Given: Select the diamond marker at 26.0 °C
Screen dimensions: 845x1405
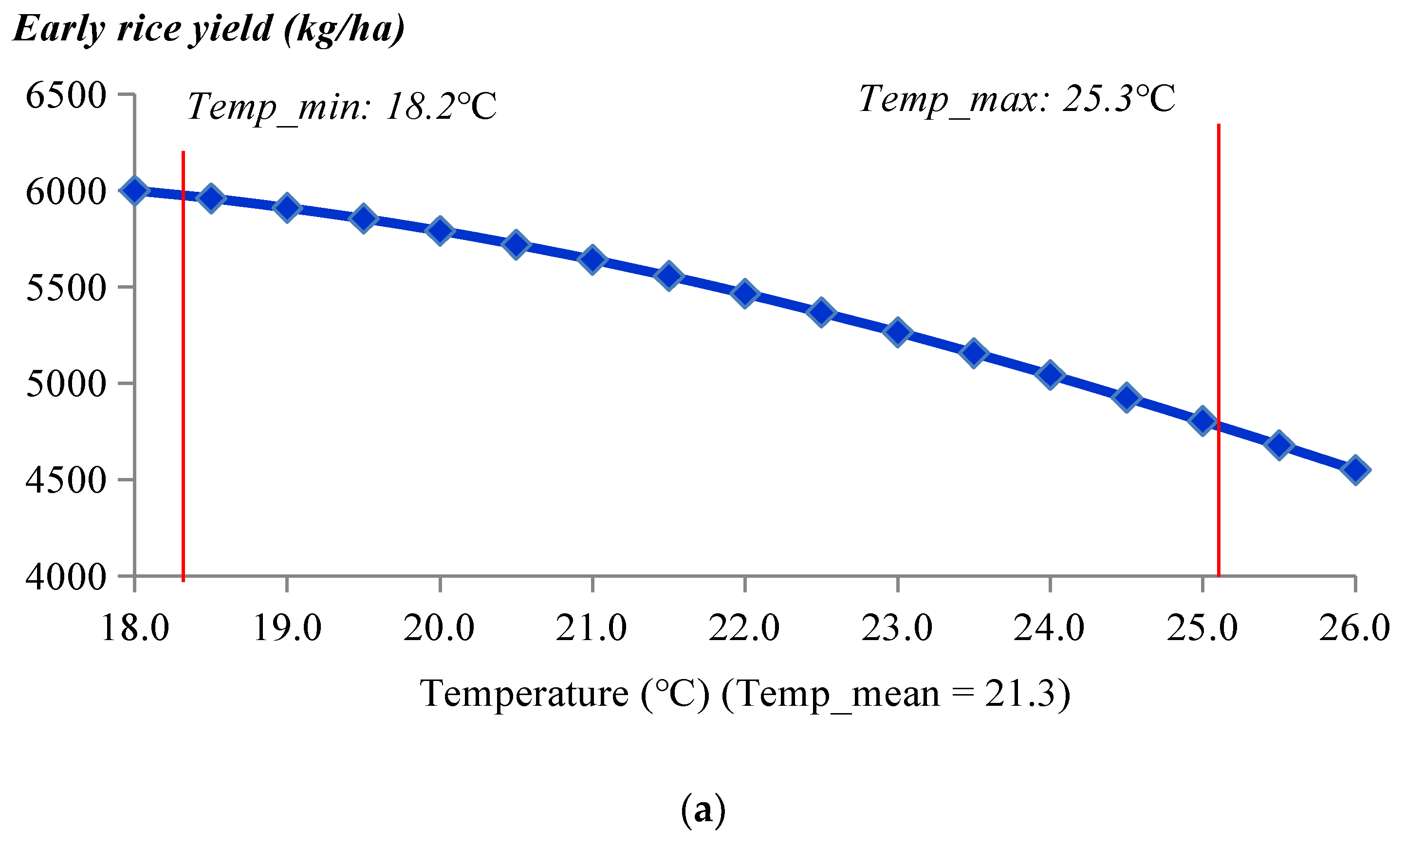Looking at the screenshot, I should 1355,470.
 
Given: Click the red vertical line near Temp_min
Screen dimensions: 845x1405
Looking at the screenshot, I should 184,365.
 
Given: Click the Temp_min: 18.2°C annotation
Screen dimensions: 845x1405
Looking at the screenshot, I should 342,107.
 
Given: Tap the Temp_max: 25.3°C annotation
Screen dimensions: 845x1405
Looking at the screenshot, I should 1017,98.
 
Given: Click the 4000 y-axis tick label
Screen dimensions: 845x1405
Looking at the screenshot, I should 66,577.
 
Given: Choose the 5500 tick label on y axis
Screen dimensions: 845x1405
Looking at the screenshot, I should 66,288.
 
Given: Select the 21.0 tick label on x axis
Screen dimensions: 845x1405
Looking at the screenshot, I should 592,628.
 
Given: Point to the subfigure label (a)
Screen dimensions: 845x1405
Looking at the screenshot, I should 703,811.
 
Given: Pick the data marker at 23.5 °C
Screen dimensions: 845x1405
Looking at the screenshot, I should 974,353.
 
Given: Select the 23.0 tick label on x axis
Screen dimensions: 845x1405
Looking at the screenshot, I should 897,628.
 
